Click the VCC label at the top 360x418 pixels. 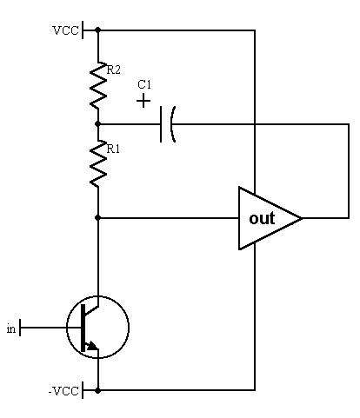(65, 30)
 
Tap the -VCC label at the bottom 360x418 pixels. (63, 391)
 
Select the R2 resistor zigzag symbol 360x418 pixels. (98, 85)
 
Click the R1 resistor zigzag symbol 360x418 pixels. (98, 163)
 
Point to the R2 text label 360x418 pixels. (113, 70)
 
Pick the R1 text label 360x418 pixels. (113, 149)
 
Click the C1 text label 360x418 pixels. (144, 84)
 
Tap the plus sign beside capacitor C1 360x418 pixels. (143, 101)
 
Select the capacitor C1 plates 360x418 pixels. (168, 124)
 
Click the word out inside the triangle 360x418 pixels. (262, 218)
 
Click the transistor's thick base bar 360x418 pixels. (83, 328)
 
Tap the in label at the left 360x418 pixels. (11, 328)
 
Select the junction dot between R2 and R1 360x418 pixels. (98, 124)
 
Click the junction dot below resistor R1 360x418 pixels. (98, 217)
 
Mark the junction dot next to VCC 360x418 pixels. (98, 30)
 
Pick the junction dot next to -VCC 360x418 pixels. (98, 391)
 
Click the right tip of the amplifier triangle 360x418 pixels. (303, 218)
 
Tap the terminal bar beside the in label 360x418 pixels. (20, 328)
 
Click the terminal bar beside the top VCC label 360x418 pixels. (83, 30)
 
